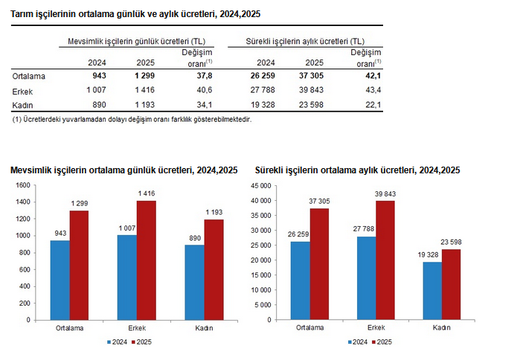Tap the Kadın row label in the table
[23, 105]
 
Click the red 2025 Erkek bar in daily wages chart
[146, 260]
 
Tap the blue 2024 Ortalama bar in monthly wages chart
[300, 280]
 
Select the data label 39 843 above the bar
[385, 195]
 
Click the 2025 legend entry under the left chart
[142, 342]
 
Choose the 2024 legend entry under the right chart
[359, 342]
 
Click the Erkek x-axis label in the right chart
[376, 327]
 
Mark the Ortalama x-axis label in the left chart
[69, 327]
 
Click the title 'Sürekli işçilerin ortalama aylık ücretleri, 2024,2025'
[357, 170]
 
